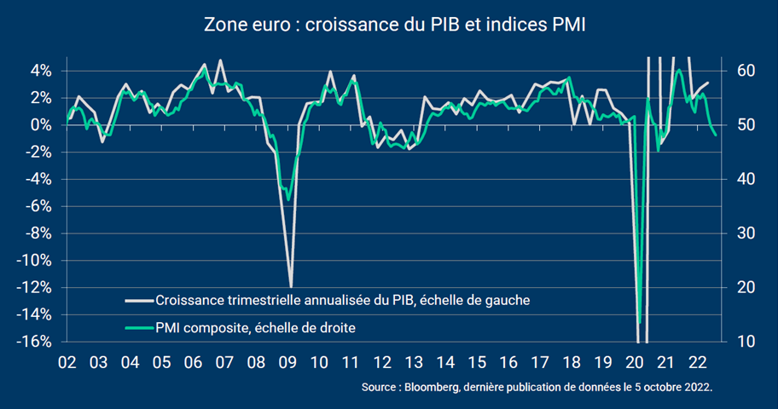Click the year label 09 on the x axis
tap(287, 360)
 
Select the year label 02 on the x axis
tap(67, 360)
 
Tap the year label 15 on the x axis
tap(478, 360)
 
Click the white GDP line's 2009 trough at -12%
tap(292, 286)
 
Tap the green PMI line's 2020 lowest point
tap(639, 323)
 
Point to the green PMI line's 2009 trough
tap(288, 199)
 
